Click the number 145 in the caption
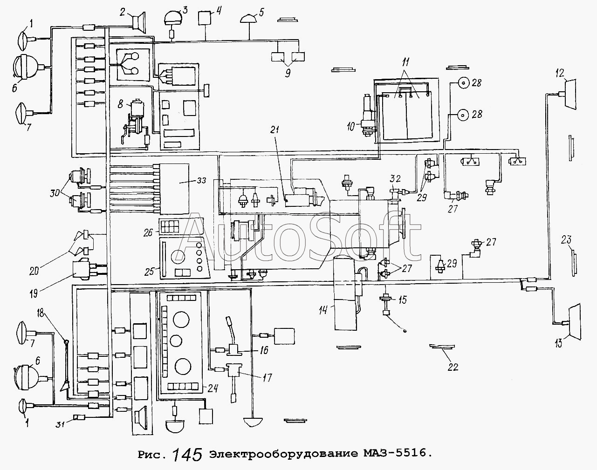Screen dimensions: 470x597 pos(187,454)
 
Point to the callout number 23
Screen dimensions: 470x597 pos(566,240)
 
